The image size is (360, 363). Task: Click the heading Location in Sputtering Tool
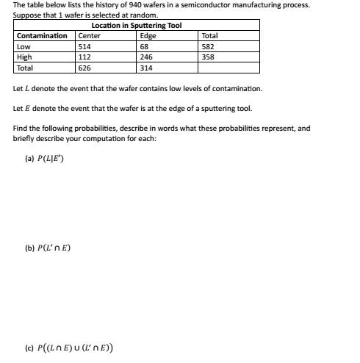click(x=136, y=26)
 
